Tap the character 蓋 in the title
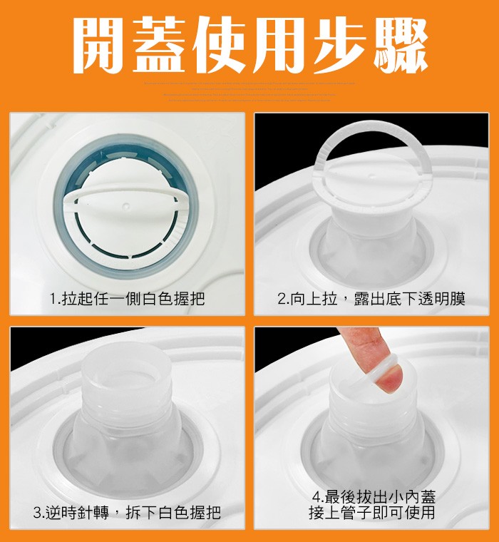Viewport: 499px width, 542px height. [165, 44]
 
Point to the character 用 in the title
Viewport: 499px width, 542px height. [285, 44]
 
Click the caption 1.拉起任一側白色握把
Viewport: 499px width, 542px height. [128, 299]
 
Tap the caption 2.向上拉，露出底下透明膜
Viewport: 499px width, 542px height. [371, 299]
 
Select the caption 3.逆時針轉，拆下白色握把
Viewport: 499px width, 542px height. [128, 512]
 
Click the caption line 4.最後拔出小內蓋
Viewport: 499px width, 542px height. [374, 497]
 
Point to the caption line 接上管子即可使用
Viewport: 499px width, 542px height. [374, 513]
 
